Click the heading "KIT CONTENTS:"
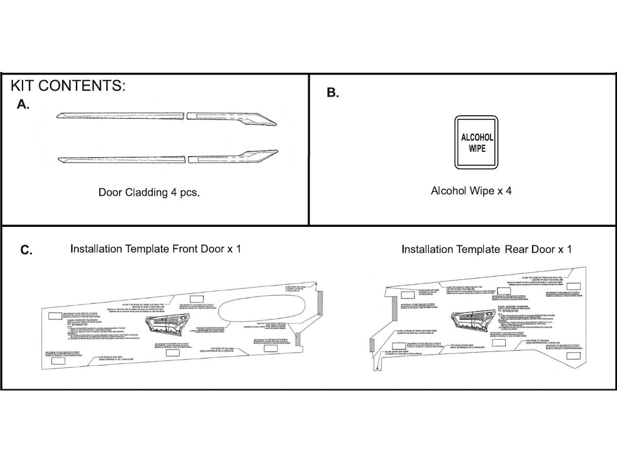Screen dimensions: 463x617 (68, 85)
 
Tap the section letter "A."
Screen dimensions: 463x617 (23, 104)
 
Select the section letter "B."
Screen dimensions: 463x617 (333, 93)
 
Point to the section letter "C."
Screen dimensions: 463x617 (27, 251)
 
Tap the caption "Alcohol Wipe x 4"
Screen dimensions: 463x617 (471, 191)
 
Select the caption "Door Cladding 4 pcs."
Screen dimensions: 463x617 (149, 192)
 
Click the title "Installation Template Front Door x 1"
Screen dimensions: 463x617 (155, 249)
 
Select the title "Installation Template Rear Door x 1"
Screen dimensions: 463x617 (486, 250)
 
